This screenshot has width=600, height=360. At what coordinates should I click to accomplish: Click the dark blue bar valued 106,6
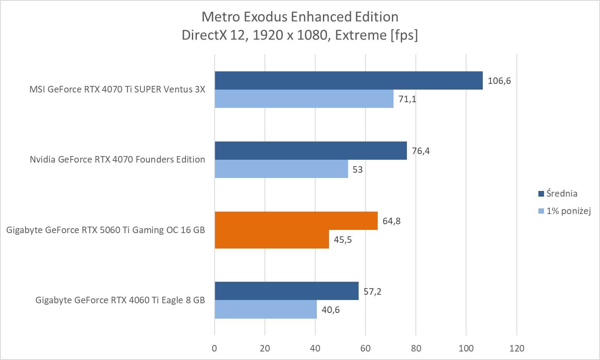pos(348,80)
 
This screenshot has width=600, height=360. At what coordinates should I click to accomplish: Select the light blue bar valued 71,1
pos(304,99)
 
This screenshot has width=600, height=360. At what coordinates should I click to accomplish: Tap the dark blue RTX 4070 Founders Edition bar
pos(310,150)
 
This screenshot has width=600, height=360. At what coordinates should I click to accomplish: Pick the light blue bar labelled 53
pos(281,169)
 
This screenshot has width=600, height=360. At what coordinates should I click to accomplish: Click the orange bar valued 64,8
pos(296,221)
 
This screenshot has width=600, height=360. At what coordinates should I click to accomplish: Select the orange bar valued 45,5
pos(272,239)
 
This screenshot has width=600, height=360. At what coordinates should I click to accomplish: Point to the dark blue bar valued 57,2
pos(286,291)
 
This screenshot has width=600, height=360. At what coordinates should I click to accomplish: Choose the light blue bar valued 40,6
pos(266,309)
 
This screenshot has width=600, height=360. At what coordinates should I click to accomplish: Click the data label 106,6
pos(499,81)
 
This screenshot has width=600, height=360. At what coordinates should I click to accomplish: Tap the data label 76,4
pos(421,151)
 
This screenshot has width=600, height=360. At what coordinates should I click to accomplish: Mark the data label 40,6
pos(331,310)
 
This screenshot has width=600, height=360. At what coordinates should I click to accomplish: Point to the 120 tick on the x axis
pos(516,348)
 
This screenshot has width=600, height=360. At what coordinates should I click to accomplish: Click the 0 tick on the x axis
pos(215,348)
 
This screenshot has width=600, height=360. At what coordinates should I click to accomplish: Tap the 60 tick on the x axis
pos(366,348)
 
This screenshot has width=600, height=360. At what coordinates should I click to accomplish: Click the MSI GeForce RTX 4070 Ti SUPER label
pos(117,89)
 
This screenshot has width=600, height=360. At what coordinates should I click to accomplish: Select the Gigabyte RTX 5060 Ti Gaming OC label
pos(105,230)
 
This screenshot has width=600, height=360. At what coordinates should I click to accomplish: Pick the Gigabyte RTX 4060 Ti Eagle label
pos(120,300)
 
